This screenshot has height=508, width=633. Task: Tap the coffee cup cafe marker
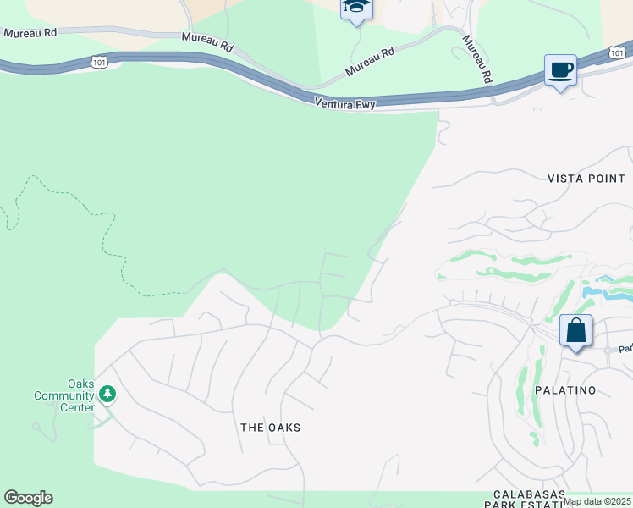560,70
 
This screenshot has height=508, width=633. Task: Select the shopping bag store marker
575,330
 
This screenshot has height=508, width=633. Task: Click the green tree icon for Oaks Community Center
107,394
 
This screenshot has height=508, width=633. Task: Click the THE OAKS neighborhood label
270,428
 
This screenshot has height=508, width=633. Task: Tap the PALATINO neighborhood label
564,390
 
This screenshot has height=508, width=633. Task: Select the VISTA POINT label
586,179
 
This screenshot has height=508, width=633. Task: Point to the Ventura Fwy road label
344,102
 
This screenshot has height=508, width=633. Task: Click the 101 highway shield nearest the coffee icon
616,52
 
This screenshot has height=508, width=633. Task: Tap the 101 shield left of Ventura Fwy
100,61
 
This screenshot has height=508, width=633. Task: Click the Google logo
28,498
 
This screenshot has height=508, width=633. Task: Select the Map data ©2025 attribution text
597,501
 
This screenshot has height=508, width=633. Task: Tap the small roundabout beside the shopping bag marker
608,350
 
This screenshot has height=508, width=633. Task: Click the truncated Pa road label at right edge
625,348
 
